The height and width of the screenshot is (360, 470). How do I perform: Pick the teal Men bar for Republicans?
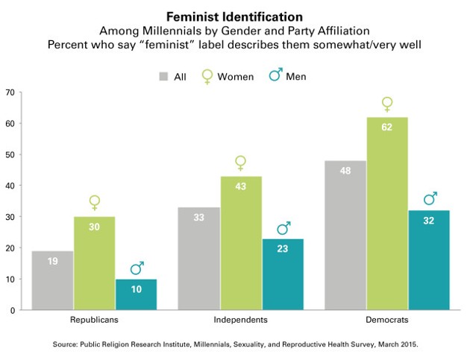coord(136,294)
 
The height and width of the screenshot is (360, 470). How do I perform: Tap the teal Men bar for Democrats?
coord(428,260)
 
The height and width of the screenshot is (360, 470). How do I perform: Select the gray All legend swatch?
coord(163,76)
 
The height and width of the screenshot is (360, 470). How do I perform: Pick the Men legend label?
coord(295,76)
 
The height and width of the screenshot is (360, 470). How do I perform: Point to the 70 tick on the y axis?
coord(10,92)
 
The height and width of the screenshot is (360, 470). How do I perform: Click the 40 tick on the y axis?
coord(10,186)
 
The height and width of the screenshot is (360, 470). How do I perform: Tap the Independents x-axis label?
coord(240,319)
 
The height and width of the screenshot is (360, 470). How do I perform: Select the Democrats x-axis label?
coord(386,319)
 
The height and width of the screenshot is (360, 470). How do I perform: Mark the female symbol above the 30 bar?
coord(94,202)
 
